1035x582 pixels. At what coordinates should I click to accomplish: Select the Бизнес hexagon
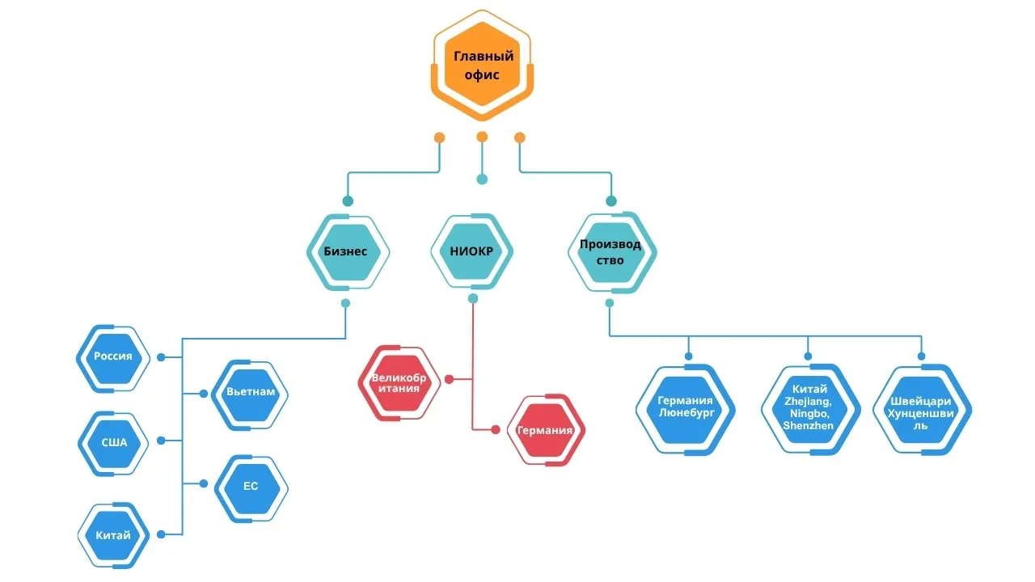point(346,251)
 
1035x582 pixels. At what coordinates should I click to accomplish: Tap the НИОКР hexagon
point(471,251)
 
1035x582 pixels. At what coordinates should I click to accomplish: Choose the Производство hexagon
point(610,251)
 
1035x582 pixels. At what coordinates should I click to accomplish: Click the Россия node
point(112,357)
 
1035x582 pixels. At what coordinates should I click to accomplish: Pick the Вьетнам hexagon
point(251,393)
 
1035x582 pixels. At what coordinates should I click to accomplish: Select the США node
point(113,443)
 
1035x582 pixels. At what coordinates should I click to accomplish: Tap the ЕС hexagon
point(251,487)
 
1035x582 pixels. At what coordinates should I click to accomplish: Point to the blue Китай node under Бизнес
point(113,534)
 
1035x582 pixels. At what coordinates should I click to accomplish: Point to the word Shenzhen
point(809,426)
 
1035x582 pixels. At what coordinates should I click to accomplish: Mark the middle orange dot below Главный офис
point(482,137)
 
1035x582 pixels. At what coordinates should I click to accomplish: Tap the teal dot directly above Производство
point(611,201)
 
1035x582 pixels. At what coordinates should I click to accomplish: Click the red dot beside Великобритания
point(449,378)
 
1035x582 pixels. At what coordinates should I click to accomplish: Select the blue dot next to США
point(161,441)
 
